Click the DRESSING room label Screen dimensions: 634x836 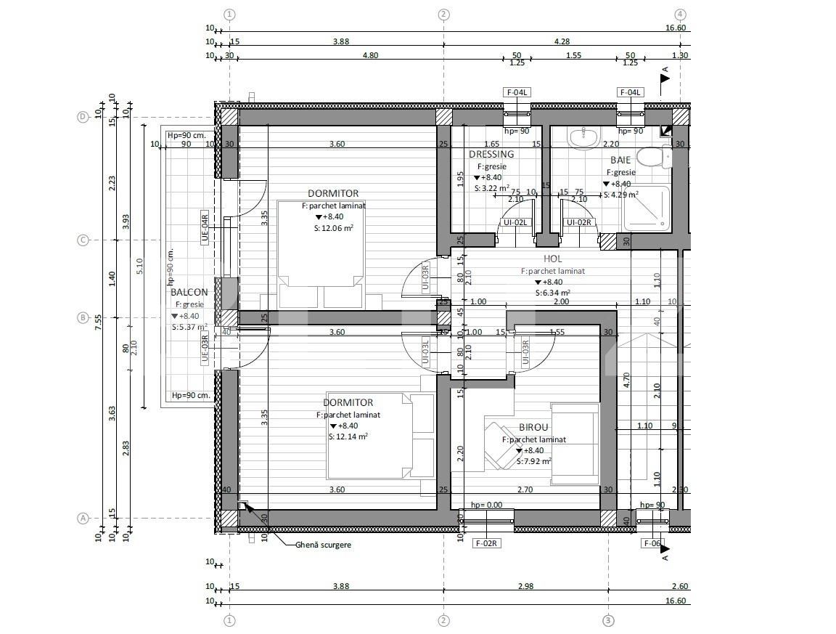coord(491,154)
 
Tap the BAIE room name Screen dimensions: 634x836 coord(620,159)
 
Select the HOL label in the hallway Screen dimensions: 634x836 coord(553,259)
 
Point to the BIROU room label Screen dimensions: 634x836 coord(533,428)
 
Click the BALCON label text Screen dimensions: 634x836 coord(189,293)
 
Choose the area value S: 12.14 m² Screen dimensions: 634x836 coord(348,436)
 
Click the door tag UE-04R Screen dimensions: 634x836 coord(205,227)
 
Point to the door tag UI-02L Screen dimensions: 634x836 coord(515,222)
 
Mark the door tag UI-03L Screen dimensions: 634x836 coord(426,351)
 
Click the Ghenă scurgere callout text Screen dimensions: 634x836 coord(324,545)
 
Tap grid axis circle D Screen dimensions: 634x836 coord(83,117)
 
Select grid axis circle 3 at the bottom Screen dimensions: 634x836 coord(609,620)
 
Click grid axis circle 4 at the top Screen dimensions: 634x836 coord(680,14)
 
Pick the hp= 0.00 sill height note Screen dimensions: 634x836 coord(486,505)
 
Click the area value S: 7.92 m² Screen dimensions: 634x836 coord(533,460)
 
